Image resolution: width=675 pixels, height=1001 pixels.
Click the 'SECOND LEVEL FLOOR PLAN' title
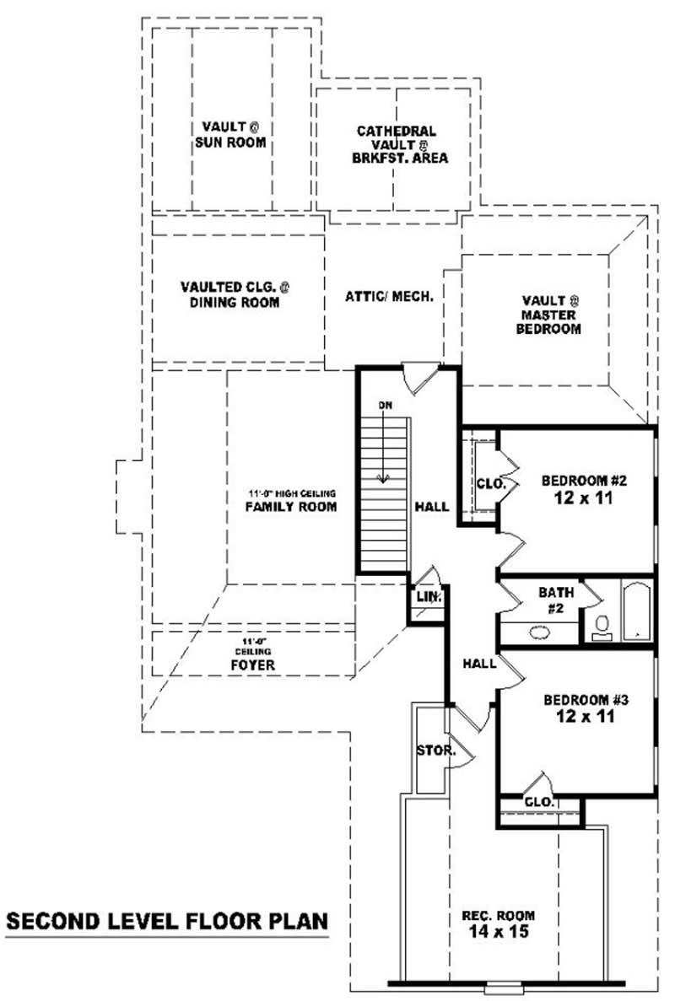(166, 921)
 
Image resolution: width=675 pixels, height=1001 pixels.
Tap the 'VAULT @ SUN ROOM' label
(230, 135)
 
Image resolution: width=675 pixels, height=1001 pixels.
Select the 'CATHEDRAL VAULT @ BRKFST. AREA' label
(396, 144)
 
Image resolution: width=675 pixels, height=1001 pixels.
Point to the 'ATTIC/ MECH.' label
(389, 297)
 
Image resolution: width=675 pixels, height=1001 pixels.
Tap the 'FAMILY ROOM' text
(291, 507)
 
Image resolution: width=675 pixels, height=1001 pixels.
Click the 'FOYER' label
(253, 665)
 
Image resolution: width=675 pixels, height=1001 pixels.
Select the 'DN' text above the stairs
(386, 406)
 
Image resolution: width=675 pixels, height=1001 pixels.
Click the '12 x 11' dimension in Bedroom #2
(576, 498)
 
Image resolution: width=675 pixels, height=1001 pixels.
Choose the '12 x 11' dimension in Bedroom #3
(577, 717)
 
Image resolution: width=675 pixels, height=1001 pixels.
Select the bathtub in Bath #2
(635, 611)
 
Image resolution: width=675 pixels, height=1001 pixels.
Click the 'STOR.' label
(436, 750)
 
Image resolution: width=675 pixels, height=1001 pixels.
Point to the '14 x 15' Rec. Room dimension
(498, 932)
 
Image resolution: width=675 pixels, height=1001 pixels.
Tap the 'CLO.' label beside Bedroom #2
(489, 485)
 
